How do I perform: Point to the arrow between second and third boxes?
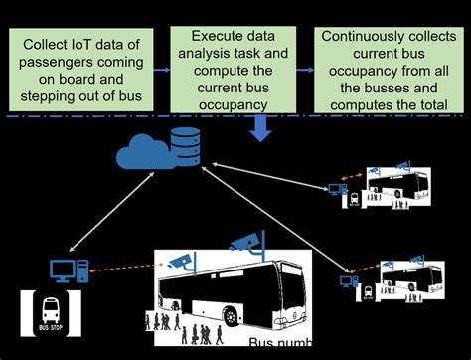(309, 70)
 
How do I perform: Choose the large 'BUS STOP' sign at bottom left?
(50, 317)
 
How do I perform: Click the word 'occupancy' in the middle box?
(235, 103)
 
